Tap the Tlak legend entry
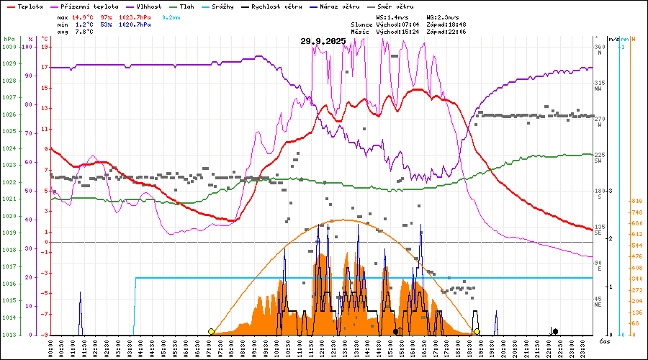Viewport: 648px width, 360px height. tap(189, 6)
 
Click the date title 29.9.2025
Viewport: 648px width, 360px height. tap(323, 41)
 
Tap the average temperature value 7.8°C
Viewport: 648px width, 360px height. tap(81, 32)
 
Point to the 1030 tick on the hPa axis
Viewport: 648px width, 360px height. tap(9, 47)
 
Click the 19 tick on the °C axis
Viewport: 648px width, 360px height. tap(45, 47)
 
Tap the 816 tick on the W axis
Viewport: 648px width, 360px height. tap(636, 202)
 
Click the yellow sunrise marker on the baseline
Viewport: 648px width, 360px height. tap(210, 331)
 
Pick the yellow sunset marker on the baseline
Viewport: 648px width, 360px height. tap(477, 331)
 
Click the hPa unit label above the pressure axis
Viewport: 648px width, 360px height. tap(9, 39)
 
